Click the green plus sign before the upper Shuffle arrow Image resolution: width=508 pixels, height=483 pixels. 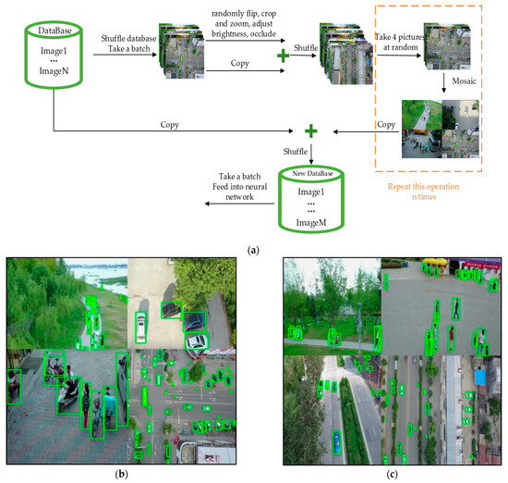pyautogui.click(x=281, y=56)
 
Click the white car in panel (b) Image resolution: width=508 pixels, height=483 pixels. pyautogui.click(x=140, y=327)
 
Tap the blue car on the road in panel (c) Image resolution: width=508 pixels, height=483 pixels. pyautogui.click(x=336, y=440)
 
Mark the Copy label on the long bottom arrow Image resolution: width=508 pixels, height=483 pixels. pyautogui.click(x=169, y=123)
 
